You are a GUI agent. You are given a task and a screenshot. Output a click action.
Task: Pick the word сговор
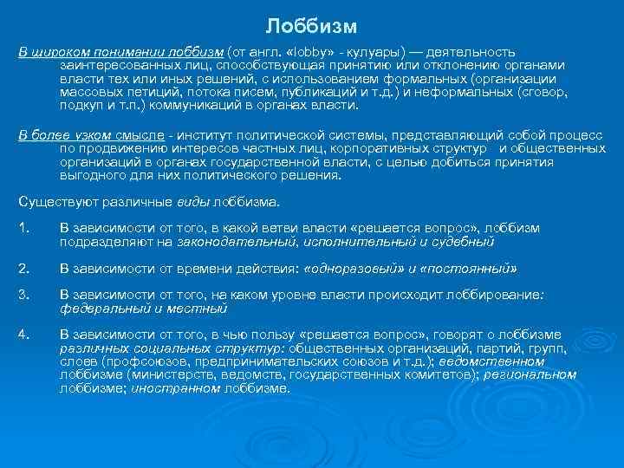tap(542, 92)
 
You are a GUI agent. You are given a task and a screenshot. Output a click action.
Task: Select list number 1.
tap(24, 228)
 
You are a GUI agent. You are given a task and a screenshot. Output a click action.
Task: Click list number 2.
tap(24, 268)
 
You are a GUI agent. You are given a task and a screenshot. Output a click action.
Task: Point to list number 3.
tap(24, 295)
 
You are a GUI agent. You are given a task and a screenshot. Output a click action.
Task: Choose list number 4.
tap(24, 335)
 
